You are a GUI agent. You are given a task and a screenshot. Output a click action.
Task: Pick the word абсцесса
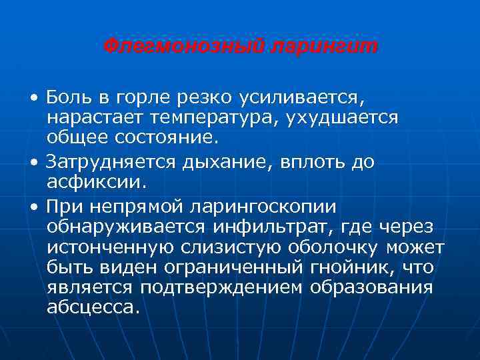tap(94, 308)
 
